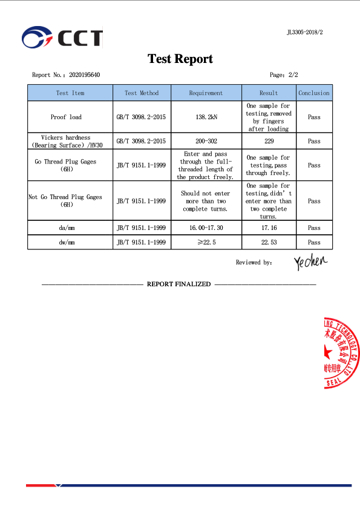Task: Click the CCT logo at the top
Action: pos(62,38)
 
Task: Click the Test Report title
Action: pos(180,59)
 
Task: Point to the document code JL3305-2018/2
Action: pos(305,32)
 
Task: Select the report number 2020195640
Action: pos(85,75)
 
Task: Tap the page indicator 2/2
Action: pos(292,75)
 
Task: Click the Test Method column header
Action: pos(142,93)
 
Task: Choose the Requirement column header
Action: pos(206,93)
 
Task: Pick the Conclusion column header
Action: pos(314,93)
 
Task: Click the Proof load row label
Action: pos(66,117)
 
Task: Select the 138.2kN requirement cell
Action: pos(206,117)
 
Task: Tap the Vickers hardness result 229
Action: pos(269,141)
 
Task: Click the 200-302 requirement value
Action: pos(206,141)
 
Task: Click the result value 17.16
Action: pos(269,228)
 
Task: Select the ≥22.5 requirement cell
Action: pos(206,242)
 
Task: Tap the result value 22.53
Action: pos(269,242)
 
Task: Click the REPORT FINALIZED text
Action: pos(178,284)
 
